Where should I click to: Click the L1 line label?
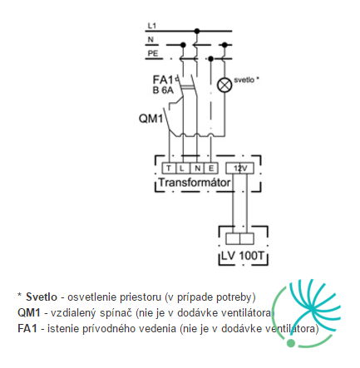pos(152,26)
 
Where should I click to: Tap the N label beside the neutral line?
pos(150,40)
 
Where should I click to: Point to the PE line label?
pos(153,53)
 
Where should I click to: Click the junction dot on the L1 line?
pos(197,31)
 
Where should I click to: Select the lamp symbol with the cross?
pos(224,85)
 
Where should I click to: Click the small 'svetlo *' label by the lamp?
pos(246,80)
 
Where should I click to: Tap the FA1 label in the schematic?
pos(163,80)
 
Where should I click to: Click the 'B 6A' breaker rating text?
pos(163,91)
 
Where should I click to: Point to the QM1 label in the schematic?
pos(150,119)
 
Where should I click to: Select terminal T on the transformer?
pos(169,168)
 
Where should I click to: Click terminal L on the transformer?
pos(182,168)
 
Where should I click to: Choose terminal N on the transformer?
pos(197,168)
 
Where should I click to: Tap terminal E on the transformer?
pos(211,168)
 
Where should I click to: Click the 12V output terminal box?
pos(240,168)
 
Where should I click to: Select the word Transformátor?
pos(195,183)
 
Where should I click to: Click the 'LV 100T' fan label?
pos(243,256)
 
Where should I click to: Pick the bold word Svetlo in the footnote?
pos(42,297)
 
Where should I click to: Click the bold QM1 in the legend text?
pos(29,313)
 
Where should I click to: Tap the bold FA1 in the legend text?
pos(27,329)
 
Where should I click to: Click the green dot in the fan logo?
pos(291,343)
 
